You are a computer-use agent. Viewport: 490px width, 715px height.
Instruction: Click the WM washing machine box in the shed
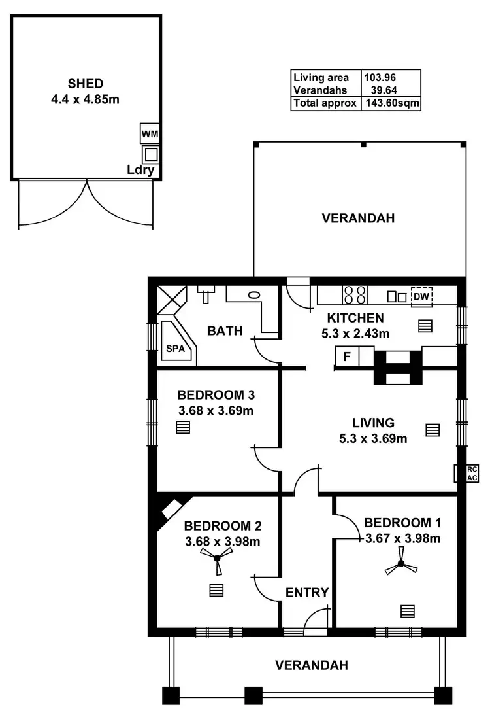(150, 134)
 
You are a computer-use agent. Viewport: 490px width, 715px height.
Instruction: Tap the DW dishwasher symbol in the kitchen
(421, 297)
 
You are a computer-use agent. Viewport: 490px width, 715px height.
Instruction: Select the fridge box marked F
(346, 357)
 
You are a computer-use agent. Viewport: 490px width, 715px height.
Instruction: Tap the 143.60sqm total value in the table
(391, 103)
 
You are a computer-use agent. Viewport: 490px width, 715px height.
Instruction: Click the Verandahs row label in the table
(320, 90)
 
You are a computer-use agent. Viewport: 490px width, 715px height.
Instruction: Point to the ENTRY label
(307, 593)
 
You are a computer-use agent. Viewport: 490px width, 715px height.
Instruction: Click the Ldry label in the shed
(140, 171)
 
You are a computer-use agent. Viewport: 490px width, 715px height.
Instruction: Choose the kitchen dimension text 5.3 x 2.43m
(355, 333)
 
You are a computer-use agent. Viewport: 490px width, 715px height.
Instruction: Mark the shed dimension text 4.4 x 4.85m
(86, 99)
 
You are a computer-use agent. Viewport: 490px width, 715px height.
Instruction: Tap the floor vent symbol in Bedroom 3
(183, 428)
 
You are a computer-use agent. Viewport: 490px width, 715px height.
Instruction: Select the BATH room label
(225, 331)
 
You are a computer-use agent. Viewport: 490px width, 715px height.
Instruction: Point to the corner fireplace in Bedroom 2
(172, 508)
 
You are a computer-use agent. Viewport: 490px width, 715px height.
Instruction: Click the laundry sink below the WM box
(151, 154)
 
